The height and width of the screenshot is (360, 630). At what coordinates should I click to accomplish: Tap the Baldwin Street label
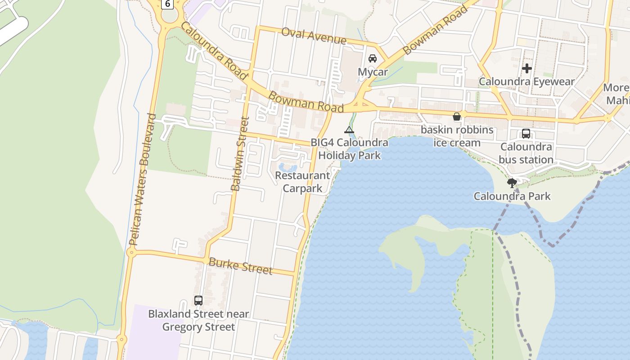239,153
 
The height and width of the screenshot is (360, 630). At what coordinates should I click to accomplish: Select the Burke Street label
241,265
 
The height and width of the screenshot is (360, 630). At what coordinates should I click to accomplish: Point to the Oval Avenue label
314,36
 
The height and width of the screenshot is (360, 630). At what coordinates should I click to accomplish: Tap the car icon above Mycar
373,58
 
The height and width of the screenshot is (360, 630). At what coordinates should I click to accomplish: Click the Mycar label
373,72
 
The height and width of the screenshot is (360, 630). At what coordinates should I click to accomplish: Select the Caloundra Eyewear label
526,82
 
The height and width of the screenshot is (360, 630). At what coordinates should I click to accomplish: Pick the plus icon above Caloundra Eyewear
527,68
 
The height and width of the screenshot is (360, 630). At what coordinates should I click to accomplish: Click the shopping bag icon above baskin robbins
457,117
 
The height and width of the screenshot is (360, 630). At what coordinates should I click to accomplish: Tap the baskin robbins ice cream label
457,136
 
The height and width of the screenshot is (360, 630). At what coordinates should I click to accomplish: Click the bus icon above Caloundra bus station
526,134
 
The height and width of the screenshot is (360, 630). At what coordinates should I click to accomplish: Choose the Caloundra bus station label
526,153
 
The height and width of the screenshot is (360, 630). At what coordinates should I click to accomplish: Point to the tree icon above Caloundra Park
512,183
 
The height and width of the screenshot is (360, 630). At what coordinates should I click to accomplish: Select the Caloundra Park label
512,196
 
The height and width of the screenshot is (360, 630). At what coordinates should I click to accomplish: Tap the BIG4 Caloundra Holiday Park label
350,149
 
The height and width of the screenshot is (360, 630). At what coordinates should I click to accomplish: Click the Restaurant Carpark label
302,182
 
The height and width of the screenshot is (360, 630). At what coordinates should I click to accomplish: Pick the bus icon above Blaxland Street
198,301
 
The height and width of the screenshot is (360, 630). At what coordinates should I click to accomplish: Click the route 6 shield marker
167,4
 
